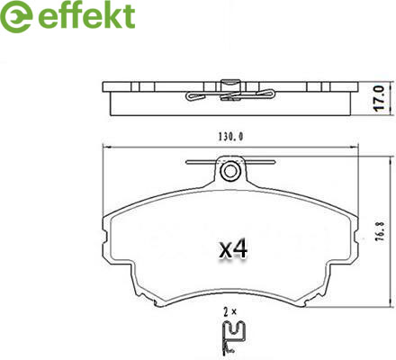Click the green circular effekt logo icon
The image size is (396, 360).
click(x=16, y=16)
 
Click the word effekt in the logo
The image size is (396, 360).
click(x=86, y=16)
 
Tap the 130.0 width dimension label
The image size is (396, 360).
click(x=230, y=137)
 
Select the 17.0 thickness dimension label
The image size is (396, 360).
click(x=379, y=98)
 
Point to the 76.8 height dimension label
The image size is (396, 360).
click(x=381, y=232)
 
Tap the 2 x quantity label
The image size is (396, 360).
click(x=229, y=312)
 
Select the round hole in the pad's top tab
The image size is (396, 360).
click(x=230, y=172)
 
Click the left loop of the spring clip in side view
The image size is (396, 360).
click(x=195, y=96)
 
